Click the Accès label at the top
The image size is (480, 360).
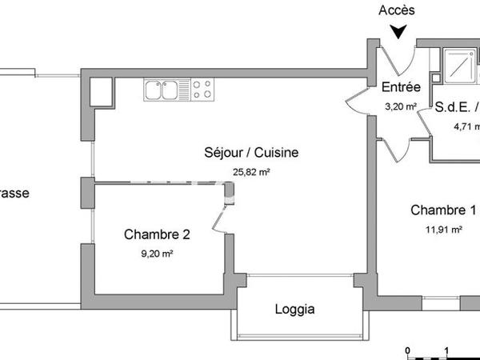pos(398,10)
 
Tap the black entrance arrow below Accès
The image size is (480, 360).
pos(398,31)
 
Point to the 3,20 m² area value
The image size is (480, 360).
pos(400,106)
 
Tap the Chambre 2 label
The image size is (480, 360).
pos(157,234)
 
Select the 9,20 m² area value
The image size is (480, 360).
pos(157,254)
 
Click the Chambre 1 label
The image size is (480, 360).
pos(442,210)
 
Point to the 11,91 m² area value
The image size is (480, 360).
pos(445,230)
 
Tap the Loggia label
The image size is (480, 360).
pos(294,310)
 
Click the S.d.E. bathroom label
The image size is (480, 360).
pos(455,106)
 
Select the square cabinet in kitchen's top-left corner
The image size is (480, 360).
pos(101,91)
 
